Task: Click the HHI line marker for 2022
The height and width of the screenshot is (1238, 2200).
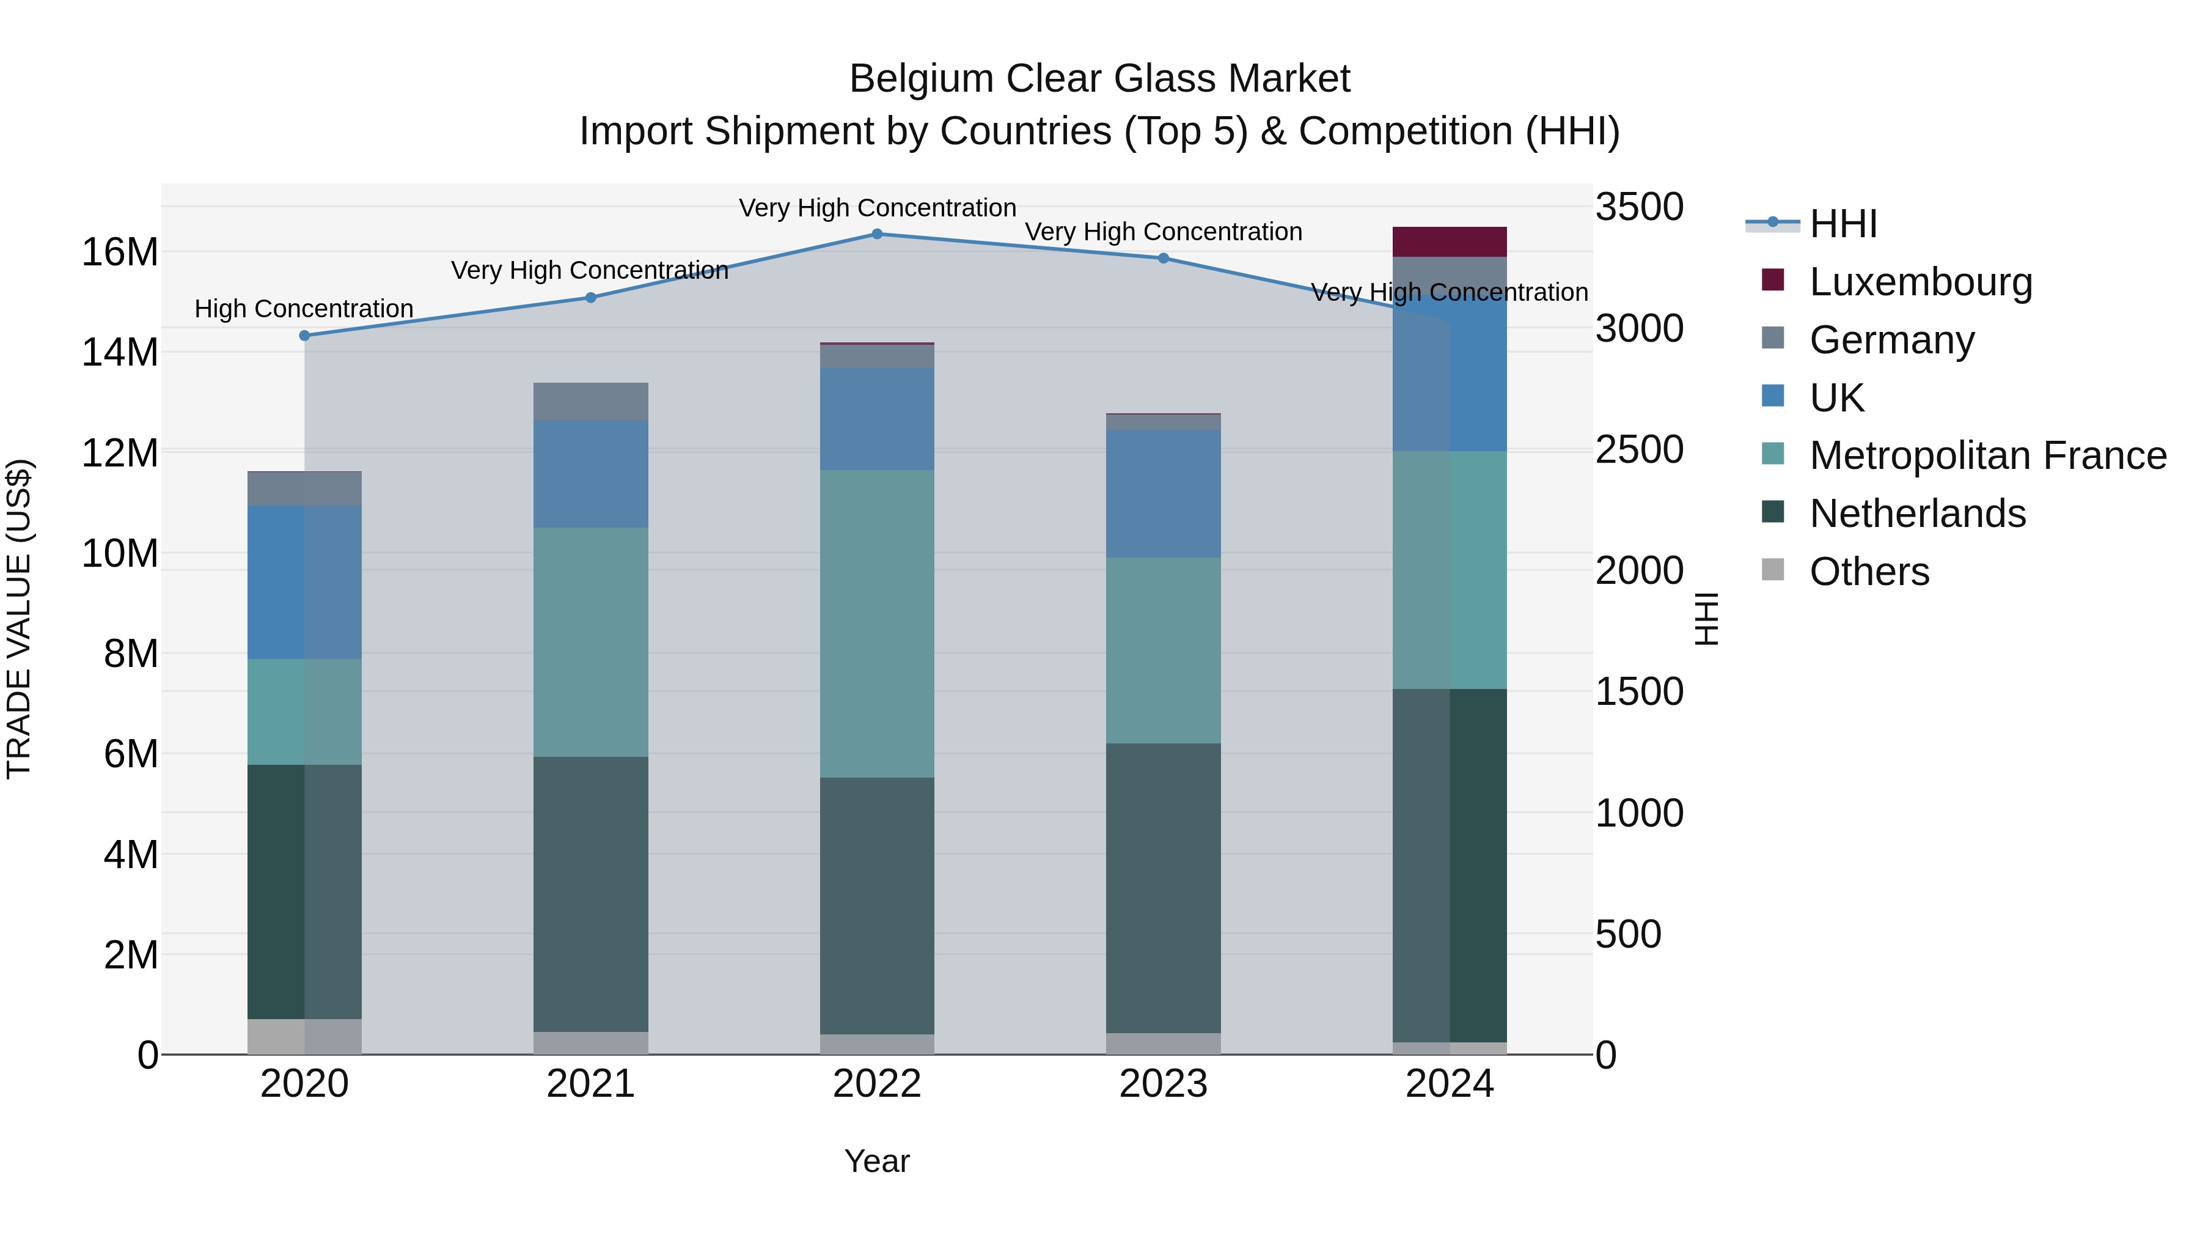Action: (877, 234)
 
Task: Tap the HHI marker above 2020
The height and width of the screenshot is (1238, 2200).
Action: (305, 336)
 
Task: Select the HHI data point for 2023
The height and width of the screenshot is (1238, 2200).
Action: (1163, 258)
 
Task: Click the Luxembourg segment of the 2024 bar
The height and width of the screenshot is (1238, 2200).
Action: (1450, 241)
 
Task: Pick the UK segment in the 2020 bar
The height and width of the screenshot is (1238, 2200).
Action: (305, 582)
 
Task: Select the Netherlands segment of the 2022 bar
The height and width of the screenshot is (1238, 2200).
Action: (877, 905)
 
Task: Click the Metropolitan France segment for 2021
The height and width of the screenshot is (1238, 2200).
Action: (591, 642)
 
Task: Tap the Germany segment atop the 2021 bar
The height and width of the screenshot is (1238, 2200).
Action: (591, 402)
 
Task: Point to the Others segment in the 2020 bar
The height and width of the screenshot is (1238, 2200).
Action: (305, 1036)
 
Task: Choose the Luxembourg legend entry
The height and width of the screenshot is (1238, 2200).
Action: (1921, 282)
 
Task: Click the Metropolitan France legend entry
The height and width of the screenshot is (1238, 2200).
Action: (1987, 456)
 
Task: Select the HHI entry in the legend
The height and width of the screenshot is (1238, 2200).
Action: (1843, 224)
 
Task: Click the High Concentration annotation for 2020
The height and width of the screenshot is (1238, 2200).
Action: (304, 309)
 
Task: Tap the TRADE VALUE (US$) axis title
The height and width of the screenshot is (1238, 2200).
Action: (19, 619)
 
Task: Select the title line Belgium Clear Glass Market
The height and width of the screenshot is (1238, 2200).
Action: (1099, 79)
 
